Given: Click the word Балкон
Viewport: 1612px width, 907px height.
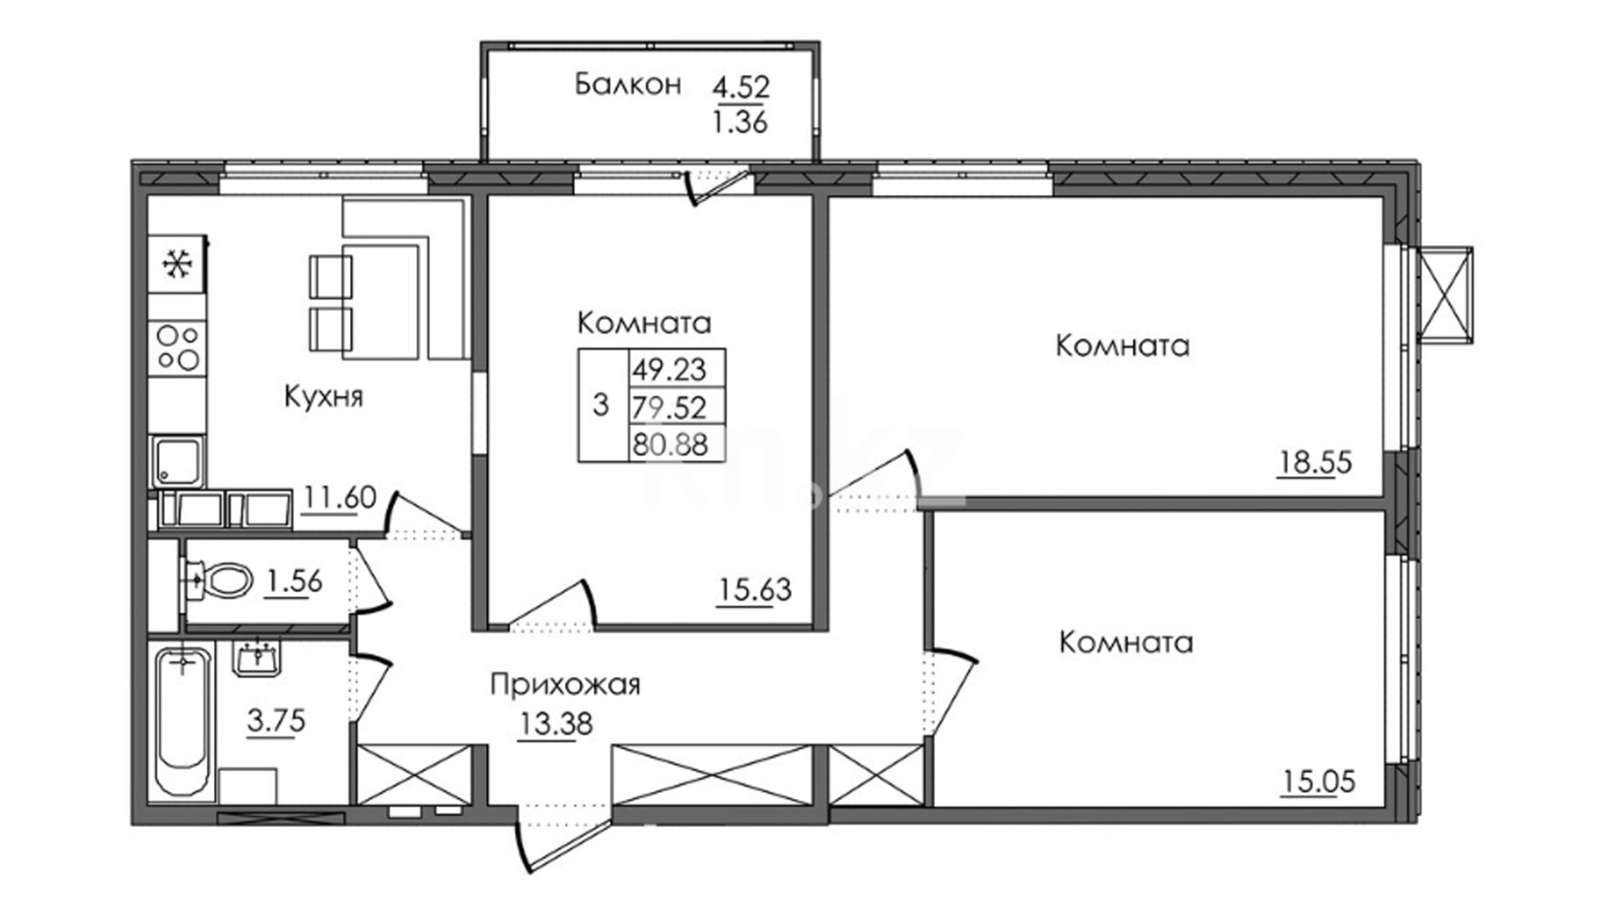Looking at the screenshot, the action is [x=628, y=85].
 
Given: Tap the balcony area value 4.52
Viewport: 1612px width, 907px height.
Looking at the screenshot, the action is [x=741, y=87].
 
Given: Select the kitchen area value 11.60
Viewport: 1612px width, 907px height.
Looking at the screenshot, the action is [x=339, y=498].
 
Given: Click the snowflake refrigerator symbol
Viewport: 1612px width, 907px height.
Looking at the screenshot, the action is [x=178, y=265].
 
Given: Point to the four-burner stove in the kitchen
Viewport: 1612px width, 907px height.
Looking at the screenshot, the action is [x=178, y=349].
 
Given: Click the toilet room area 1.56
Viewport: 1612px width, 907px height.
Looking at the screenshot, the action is [x=293, y=581].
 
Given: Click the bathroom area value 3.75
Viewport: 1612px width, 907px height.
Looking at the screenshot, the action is [x=277, y=721].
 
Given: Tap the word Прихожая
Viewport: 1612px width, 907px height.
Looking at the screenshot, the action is [x=565, y=685].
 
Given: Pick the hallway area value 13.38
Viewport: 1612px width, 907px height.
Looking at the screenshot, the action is [x=555, y=723].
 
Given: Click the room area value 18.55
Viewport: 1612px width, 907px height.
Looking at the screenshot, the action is [x=1316, y=462].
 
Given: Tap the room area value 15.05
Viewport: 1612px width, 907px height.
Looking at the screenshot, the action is [x=1318, y=782].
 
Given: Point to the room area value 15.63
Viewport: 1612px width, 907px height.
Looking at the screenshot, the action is [x=755, y=590].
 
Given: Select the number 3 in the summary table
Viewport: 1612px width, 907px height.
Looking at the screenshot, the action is [x=600, y=406].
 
